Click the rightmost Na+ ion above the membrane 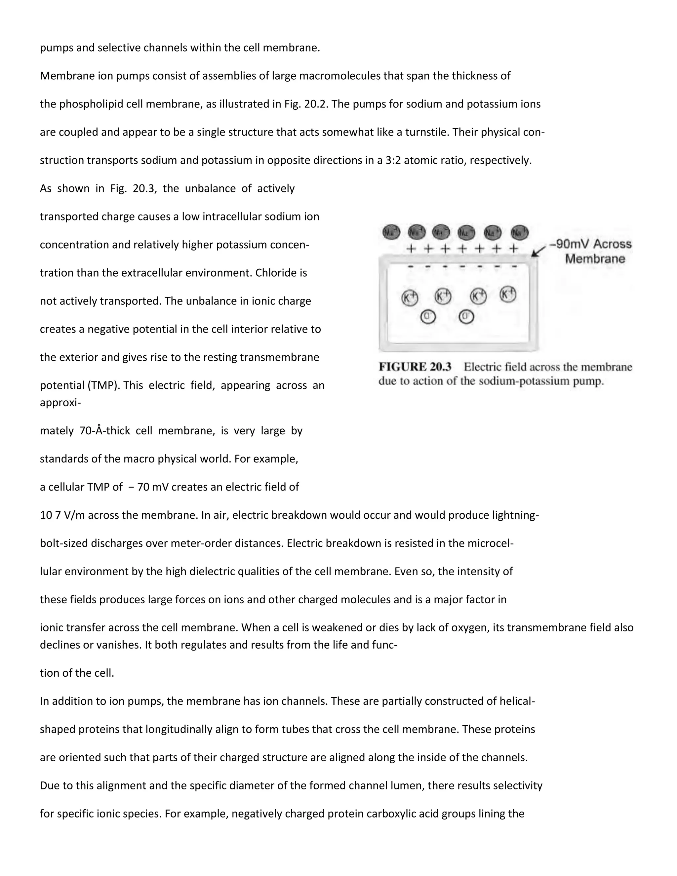click(x=519, y=232)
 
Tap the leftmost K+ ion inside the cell click(x=410, y=298)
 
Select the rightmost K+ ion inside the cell click(x=508, y=295)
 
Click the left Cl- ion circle click(x=428, y=317)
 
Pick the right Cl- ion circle click(x=466, y=317)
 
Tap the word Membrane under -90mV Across click(x=595, y=259)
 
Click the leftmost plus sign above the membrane click(x=410, y=249)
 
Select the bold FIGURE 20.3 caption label click(x=415, y=367)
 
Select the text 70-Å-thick click(x=105, y=431)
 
